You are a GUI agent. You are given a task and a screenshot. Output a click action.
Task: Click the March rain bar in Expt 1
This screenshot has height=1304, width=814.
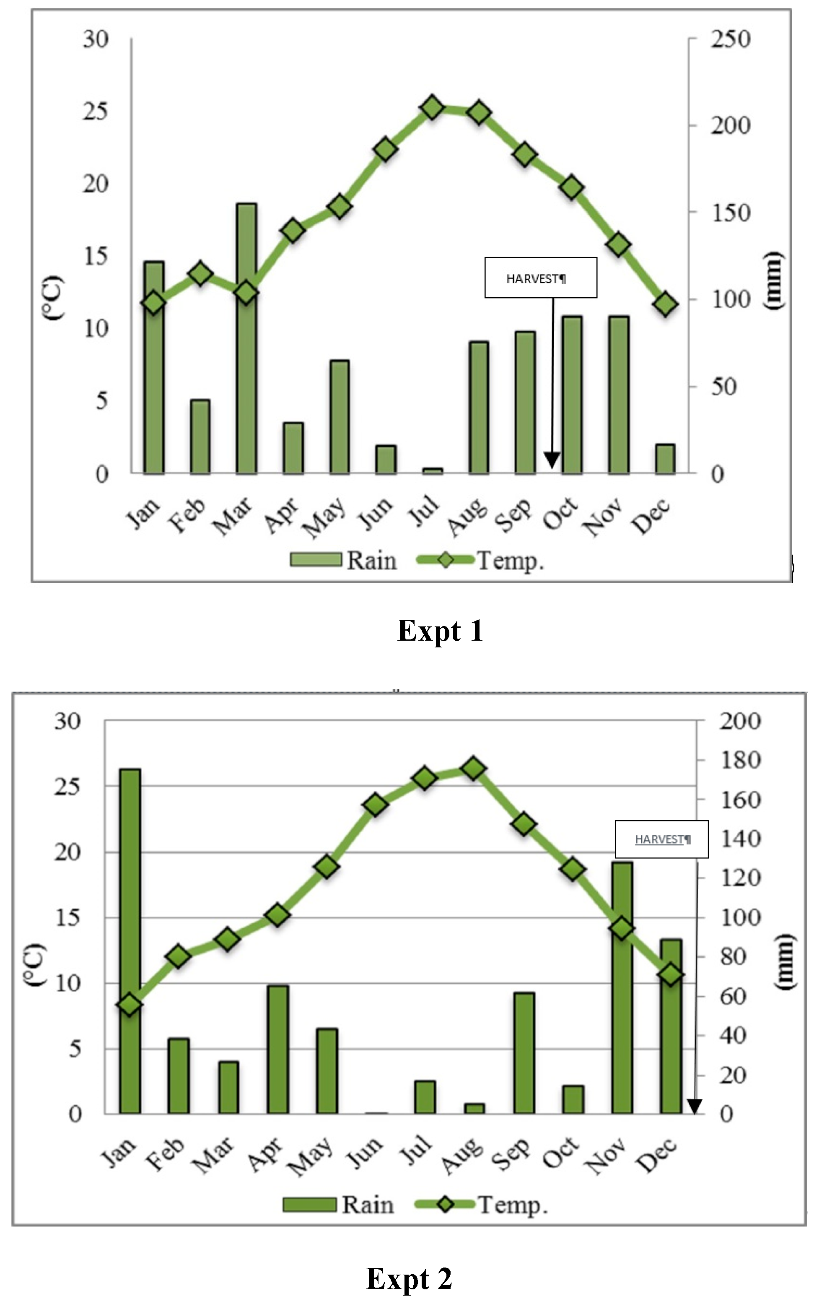pos(246,377)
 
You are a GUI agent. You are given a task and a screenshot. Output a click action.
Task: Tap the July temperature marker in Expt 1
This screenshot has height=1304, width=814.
pos(432,108)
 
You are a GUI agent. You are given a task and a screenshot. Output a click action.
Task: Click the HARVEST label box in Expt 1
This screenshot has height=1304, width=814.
pos(541,278)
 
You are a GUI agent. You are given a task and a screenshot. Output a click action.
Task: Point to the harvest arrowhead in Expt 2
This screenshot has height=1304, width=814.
pos(695,1107)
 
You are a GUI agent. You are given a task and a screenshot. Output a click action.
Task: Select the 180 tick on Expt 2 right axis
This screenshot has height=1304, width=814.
pos(740,761)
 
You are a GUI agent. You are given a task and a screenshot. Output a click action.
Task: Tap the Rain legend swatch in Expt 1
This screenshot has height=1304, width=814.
pos(316,560)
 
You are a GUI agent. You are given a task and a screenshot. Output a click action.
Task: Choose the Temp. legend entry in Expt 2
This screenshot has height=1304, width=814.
pos(481,1205)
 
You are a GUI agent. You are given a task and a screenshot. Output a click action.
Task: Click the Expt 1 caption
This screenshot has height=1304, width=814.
pos(439,631)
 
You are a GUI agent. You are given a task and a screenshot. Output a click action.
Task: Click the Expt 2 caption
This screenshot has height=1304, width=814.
pos(409,1279)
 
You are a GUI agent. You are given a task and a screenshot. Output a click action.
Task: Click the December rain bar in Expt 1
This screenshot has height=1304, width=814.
pos(665,459)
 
